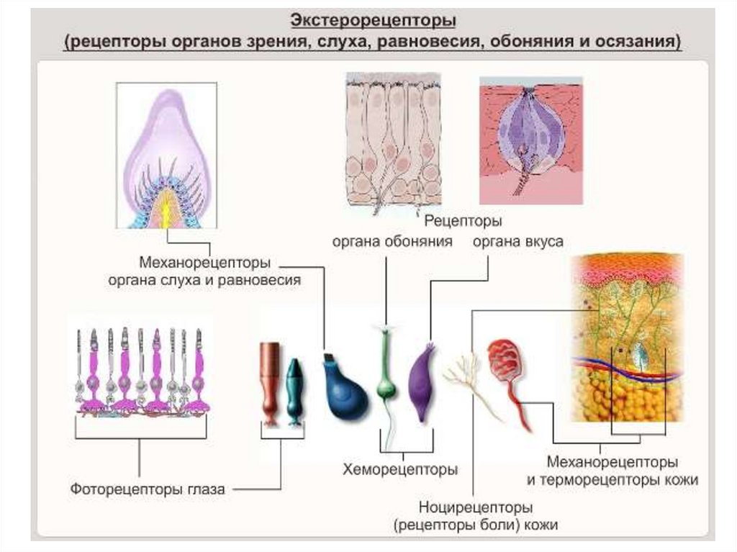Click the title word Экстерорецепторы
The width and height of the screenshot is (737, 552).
point(373,17)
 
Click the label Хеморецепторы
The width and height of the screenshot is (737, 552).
point(400,470)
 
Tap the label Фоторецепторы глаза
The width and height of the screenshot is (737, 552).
point(148,489)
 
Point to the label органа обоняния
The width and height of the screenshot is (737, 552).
point(392,242)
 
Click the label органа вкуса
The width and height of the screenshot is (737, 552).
point(517,242)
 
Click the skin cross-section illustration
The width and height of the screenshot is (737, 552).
point(625,338)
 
